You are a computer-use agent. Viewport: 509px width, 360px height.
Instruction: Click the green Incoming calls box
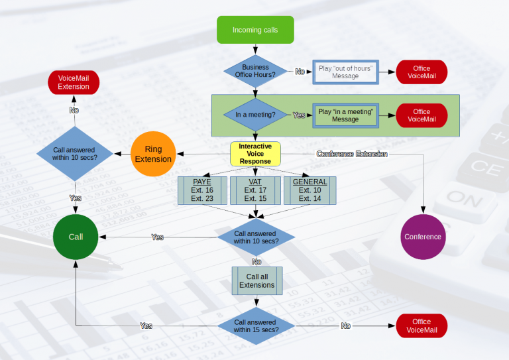(255, 30)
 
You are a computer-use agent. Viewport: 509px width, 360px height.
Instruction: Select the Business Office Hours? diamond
(255, 71)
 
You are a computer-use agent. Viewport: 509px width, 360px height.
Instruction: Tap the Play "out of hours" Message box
(345, 72)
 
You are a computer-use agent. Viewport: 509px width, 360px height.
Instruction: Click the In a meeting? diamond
(255, 115)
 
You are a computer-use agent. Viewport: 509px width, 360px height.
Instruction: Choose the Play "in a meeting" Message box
(345, 115)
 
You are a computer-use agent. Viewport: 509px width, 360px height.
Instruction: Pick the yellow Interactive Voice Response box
(255, 154)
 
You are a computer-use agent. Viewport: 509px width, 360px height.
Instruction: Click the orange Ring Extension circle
(153, 154)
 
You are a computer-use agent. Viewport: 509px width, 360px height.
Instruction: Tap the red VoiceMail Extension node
(74, 82)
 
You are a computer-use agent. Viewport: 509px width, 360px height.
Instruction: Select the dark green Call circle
(76, 237)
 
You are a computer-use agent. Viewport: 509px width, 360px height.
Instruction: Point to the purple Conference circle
(423, 237)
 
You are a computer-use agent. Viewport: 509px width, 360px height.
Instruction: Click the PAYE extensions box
(202, 190)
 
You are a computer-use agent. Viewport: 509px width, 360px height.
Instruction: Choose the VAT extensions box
(255, 190)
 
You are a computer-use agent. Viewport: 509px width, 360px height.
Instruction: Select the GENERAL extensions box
(310, 190)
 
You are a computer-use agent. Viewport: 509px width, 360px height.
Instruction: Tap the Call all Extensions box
(257, 281)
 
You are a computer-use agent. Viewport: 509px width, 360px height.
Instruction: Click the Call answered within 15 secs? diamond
(256, 326)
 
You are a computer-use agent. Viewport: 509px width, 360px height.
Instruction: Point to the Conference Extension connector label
(352, 154)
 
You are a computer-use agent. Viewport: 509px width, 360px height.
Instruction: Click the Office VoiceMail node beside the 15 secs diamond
(422, 326)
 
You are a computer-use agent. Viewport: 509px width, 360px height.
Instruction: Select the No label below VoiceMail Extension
(74, 110)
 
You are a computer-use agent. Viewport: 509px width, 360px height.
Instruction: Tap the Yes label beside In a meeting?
(299, 115)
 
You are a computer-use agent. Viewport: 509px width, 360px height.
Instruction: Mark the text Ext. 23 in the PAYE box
(202, 198)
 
